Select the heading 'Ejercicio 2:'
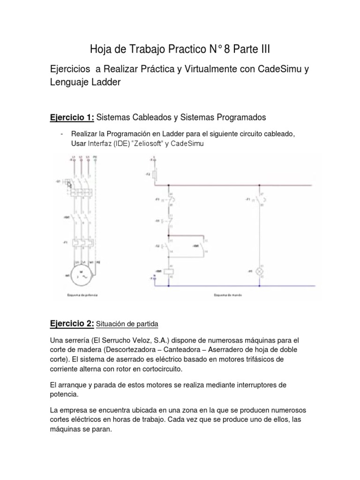[72, 323]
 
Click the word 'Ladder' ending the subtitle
[105, 82]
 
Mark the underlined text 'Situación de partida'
[127, 324]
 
